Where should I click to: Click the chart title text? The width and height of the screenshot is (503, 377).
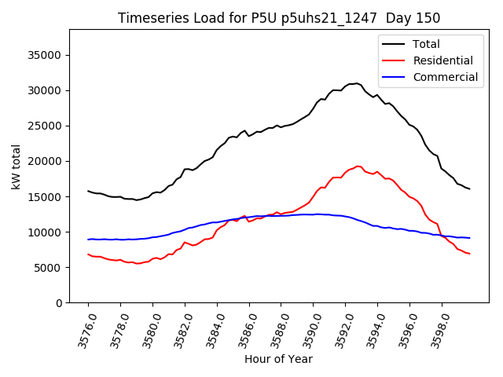[x=279, y=18]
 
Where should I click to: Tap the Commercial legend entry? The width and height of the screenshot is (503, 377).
[x=445, y=77]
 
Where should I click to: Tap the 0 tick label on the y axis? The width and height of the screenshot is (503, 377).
[x=60, y=303]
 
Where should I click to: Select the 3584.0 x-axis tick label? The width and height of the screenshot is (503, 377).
[x=211, y=329]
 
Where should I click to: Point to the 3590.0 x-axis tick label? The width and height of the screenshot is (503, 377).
[x=307, y=329]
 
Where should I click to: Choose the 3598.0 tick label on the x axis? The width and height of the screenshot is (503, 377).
[x=436, y=329]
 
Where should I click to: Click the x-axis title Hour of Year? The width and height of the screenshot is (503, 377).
[x=278, y=360]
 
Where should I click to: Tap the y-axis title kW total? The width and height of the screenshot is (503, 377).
[x=16, y=167]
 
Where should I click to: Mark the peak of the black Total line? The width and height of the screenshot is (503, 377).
[x=356, y=82]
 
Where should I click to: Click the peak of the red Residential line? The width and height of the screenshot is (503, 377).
[x=358, y=166]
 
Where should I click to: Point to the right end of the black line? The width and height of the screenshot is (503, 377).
[x=469, y=188]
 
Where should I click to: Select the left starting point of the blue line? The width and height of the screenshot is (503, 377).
[x=88, y=240]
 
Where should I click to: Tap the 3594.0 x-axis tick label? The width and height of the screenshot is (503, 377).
[x=372, y=329]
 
